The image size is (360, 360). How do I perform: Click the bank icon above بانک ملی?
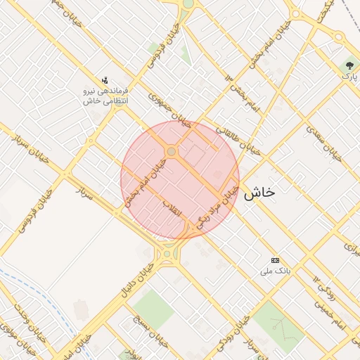(275, 259)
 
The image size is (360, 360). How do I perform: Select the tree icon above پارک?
(348, 65)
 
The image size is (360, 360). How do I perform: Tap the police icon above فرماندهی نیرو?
(105, 79)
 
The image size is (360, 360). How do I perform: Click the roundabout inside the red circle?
(171, 152)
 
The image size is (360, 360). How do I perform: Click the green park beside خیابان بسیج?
(153, 307)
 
